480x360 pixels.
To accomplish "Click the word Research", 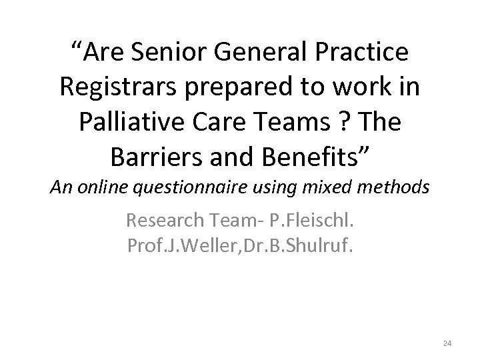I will (x=167, y=220).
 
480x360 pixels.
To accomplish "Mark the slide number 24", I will (x=447, y=343).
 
